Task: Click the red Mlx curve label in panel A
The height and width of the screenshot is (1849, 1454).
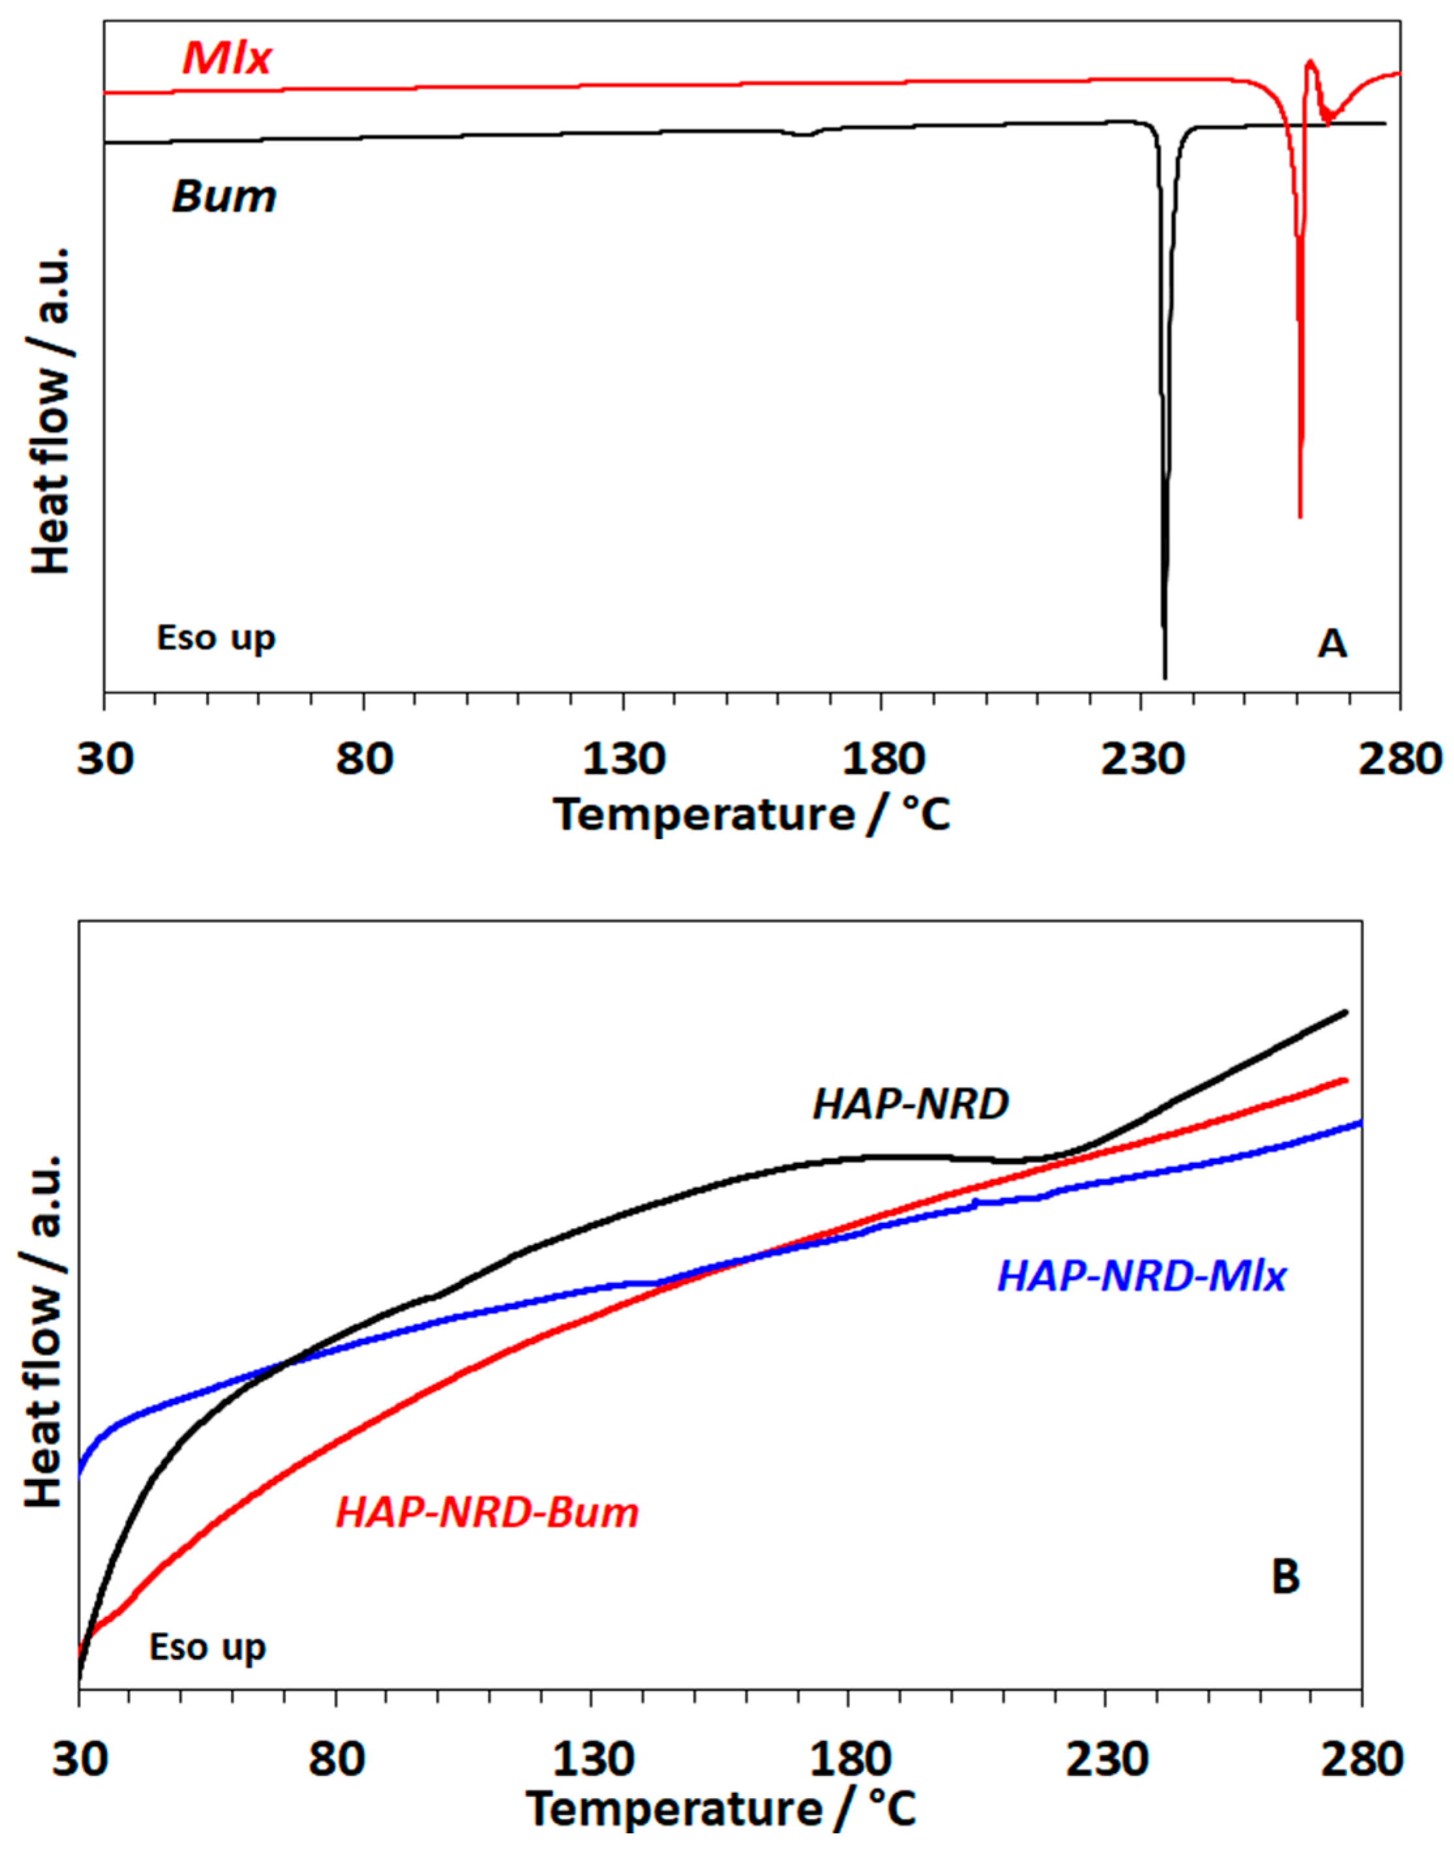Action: coord(226,59)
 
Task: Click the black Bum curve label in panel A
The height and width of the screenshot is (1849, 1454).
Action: coord(224,197)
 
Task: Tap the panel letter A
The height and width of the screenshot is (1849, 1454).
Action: coord(1332,644)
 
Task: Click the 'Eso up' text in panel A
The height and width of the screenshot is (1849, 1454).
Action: coord(216,639)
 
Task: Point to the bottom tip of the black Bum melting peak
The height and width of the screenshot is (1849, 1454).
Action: coord(1164,677)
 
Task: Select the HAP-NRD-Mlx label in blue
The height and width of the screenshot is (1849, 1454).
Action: coord(1141,1277)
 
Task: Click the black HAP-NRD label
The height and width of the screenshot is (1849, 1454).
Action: coord(911,1105)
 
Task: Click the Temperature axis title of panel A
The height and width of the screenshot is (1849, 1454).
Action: coord(753,815)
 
